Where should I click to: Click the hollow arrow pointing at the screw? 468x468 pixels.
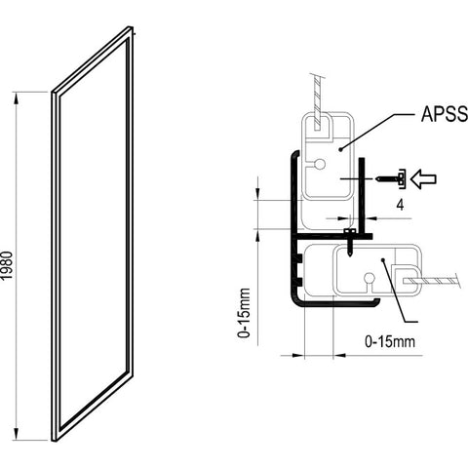[424, 177]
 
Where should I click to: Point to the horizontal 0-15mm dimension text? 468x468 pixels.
[390, 342]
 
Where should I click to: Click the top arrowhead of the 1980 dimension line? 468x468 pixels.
[16, 94]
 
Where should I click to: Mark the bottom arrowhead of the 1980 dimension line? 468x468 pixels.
[16, 438]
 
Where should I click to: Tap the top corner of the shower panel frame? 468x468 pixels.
[131, 29]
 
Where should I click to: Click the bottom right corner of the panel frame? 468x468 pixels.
[131, 371]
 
